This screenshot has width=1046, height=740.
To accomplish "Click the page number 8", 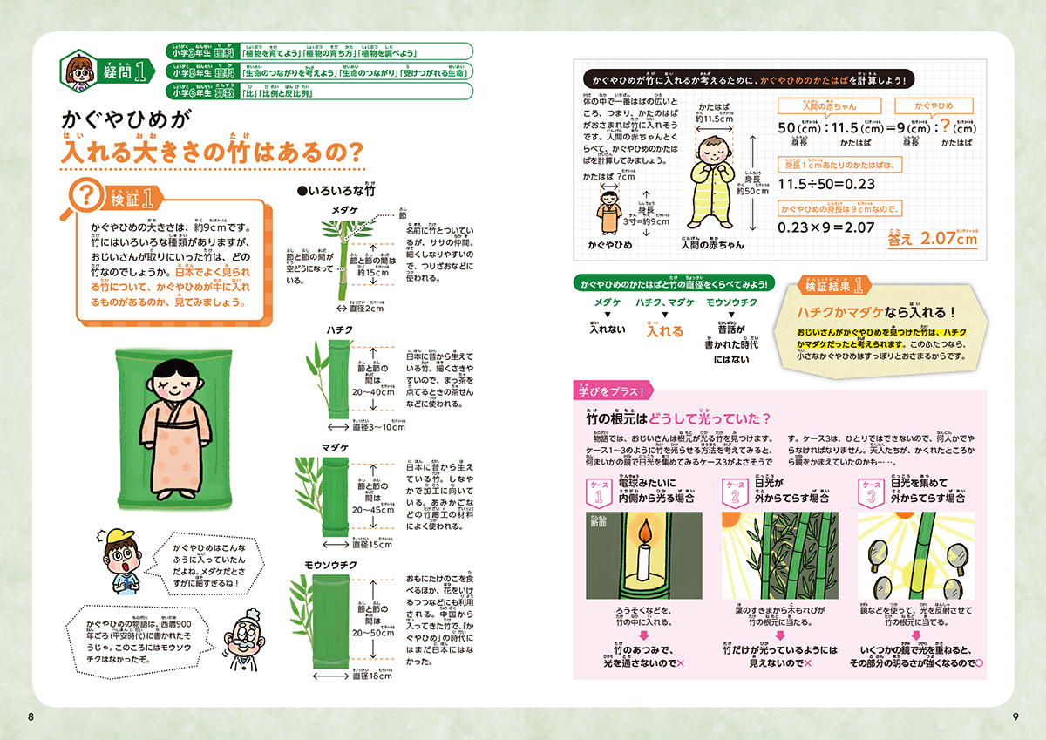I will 31,716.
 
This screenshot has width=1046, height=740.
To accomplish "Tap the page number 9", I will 1015,716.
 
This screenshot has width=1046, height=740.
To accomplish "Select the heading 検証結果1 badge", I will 833,285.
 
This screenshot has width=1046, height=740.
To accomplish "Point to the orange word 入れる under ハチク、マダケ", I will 664,330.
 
